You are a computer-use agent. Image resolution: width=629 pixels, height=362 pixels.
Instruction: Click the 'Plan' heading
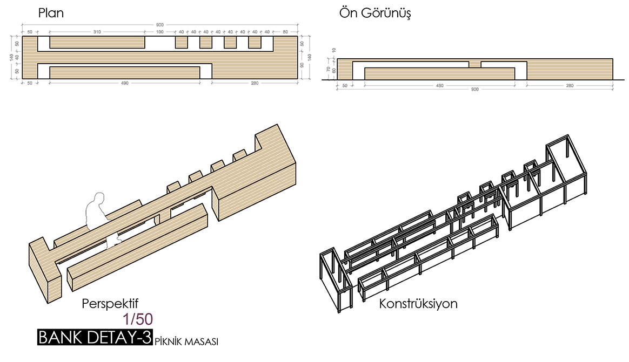(51, 13)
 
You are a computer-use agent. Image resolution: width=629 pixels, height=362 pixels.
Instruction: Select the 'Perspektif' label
(114, 303)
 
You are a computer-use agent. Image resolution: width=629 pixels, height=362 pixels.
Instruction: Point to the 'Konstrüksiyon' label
(418, 303)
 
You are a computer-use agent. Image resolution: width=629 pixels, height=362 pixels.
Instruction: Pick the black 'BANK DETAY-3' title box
(95, 337)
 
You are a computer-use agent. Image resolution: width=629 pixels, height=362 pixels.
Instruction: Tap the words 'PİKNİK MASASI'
(186, 342)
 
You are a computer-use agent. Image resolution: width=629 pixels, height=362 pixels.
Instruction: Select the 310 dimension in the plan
(97, 31)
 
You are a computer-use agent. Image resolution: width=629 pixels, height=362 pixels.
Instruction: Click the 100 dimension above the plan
(160, 31)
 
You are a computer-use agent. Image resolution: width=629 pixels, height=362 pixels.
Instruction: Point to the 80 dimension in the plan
(285, 31)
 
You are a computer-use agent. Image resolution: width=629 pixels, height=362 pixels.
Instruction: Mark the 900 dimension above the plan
(160, 25)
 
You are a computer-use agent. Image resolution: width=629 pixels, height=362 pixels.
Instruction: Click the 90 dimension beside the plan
(302, 65)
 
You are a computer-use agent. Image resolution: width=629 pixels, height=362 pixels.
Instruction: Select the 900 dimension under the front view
(475, 90)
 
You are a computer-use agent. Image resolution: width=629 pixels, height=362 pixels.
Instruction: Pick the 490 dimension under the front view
(439, 85)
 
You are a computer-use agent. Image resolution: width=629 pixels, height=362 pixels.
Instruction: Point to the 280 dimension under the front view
(570, 85)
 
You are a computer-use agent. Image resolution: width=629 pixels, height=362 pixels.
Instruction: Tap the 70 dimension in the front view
(328, 69)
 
